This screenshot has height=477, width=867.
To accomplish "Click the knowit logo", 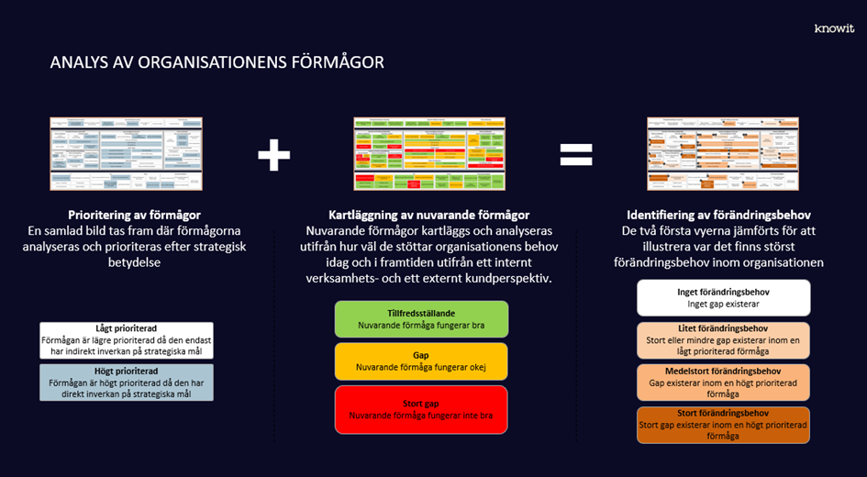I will (x=834, y=28).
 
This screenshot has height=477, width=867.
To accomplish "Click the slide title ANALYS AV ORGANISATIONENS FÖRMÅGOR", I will (x=217, y=63).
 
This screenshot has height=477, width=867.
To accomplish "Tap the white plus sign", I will (x=273, y=155).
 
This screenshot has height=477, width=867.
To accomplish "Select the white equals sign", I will (x=576, y=155).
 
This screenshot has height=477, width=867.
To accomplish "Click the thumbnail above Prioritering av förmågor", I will (x=126, y=154).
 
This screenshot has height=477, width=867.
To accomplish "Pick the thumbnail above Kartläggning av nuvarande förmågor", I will (x=429, y=154).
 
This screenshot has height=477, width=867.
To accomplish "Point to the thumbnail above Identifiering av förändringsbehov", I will (x=723, y=153).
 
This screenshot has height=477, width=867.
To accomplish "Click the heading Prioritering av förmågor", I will (x=134, y=215).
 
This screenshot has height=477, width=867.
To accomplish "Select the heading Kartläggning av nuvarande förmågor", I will (x=428, y=215).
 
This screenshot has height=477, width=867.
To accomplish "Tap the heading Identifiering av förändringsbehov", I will (x=718, y=215).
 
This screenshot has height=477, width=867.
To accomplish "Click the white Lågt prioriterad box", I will (x=127, y=340).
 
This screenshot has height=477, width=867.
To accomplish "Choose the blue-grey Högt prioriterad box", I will (x=127, y=382).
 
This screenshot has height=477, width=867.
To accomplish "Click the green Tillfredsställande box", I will (x=421, y=318).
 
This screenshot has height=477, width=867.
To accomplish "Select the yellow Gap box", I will (x=421, y=361).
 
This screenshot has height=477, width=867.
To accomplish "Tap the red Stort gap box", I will (x=421, y=409).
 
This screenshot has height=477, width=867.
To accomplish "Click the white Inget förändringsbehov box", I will (x=723, y=297).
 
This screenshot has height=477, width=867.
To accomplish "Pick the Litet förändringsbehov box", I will (x=723, y=339).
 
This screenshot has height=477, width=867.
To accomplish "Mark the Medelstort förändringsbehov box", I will (x=723, y=382).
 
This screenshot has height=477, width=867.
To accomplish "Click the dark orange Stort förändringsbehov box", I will (x=723, y=424).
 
